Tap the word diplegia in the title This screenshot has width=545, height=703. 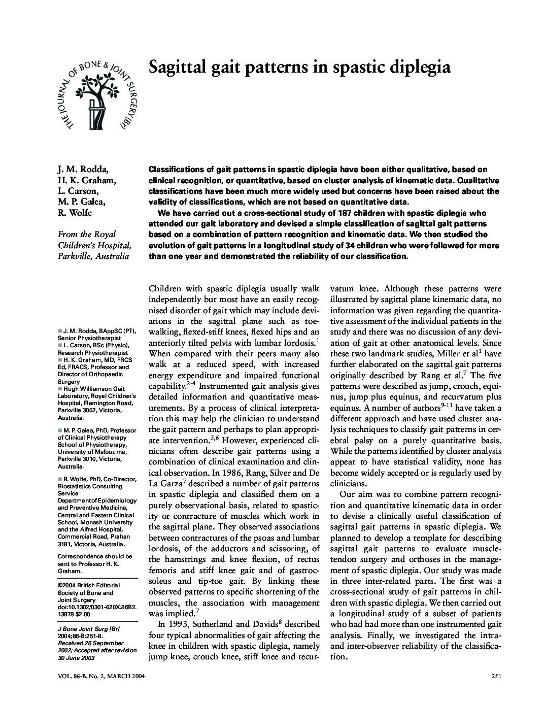pos(418,66)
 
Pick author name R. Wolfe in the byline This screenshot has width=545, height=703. pos(75,213)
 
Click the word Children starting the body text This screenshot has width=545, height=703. pos(165,288)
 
